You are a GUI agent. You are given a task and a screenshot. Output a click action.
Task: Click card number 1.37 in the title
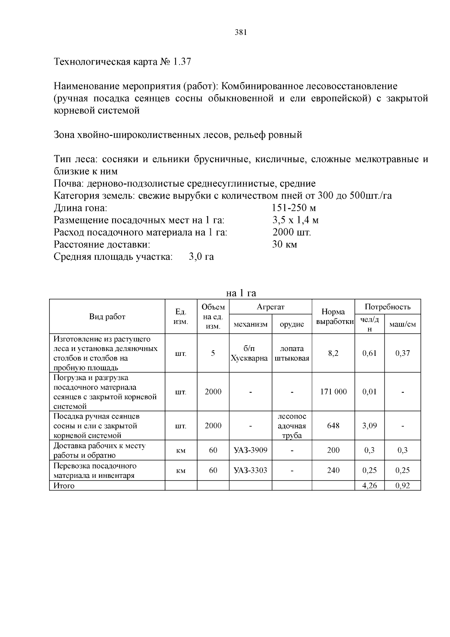(x=182, y=62)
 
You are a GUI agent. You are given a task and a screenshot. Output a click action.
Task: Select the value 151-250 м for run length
(x=294, y=208)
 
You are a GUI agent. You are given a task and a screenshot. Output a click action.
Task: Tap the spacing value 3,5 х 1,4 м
(x=295, y=220)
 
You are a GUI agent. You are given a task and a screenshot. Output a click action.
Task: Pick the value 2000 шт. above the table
(x=292, y=232)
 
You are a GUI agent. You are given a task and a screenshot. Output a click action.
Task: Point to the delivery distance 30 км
(x=285, y=245)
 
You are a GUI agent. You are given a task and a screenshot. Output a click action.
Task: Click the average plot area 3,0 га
(x=201, y=257)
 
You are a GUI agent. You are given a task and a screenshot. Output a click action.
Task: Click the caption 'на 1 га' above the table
(x=241, y=293)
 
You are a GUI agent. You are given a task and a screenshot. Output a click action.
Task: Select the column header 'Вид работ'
(x=107, y=316)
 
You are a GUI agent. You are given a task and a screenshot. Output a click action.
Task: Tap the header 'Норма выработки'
(x=333, y=316)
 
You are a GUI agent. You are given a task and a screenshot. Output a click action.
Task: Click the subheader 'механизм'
(x=250, y=324)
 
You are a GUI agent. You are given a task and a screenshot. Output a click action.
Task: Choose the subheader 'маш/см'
(x=402, y=324)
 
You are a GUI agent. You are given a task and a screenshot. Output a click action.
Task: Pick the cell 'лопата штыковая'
(x=292, y=353)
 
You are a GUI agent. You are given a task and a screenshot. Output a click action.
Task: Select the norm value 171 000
(x=333, y=392)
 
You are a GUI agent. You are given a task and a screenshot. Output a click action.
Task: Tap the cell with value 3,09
(x=369, y=426)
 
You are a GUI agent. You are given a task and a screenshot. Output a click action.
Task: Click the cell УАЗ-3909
(x=250, y=450)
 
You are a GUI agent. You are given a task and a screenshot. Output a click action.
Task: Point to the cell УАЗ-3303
(x=250, y=470)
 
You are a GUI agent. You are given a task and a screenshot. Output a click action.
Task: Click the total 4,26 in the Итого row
(x=369, y=486)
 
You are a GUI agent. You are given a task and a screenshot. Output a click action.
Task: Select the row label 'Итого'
(x=64, y=486)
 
